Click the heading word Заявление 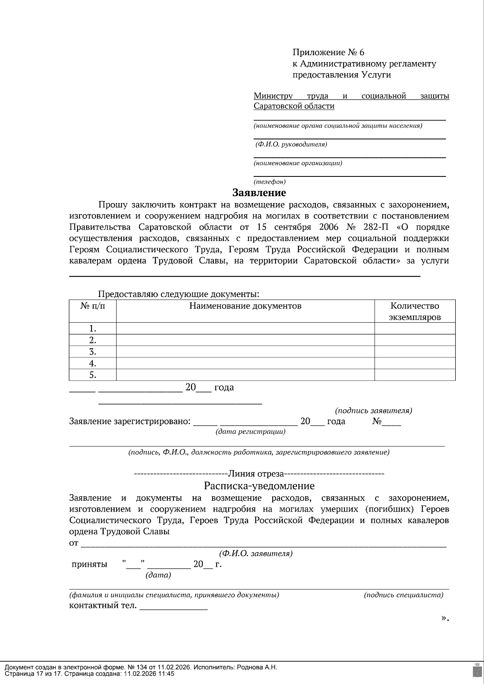coord(259,193)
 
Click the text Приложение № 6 coord(328,52)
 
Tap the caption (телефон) coord(269,182)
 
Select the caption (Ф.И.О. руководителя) coord(291,144)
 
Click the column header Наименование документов coord(245,306)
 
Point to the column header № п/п coord(92,306)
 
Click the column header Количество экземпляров coord(415,311)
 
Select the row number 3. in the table coord(92,352)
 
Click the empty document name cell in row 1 coord(245,328)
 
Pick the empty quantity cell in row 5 coord(415,375)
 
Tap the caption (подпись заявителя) coord(373,410)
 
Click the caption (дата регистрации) coord(250,432)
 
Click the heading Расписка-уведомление coord(259,485)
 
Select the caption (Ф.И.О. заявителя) coord(256,553)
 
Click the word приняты coord(89,564)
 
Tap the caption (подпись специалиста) coord(403,595)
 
